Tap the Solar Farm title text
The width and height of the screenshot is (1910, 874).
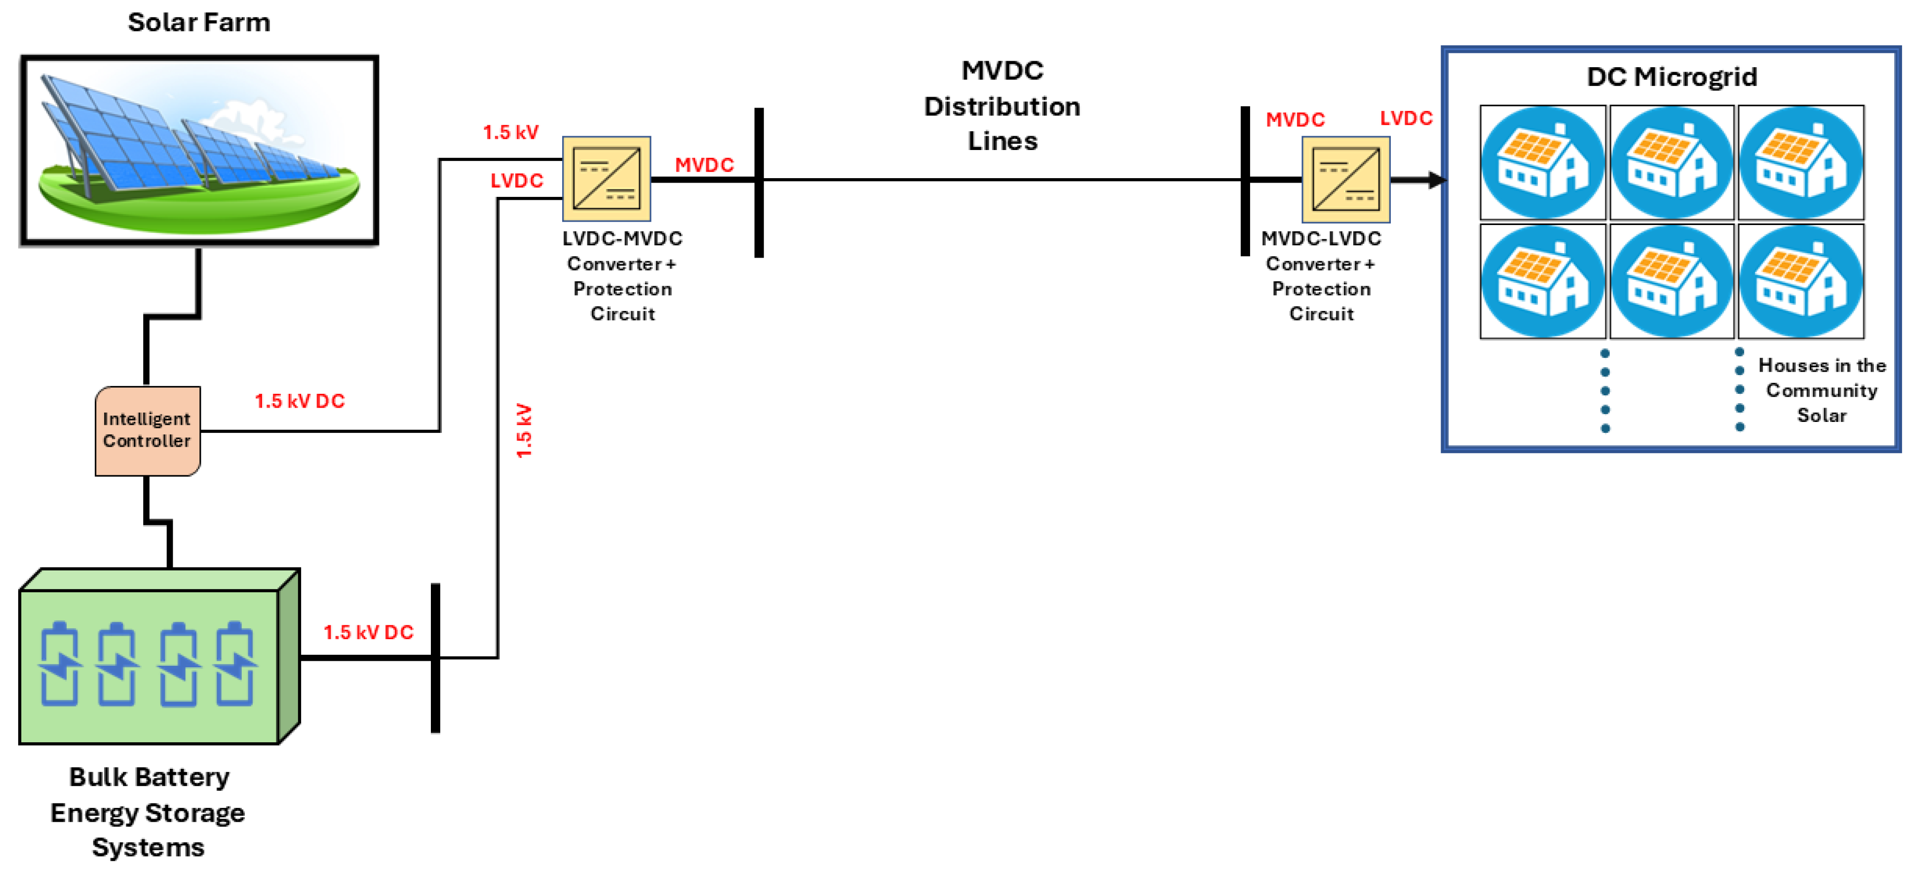tap(199, 22)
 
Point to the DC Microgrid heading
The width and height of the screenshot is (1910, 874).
tap(1671, 76)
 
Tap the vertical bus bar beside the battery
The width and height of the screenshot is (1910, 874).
tap(435, 657)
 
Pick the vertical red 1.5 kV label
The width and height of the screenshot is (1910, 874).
tap(524, 430)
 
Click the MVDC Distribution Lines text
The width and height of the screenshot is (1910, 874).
tap(1002, 106)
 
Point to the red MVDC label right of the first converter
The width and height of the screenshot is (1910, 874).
tap(704, 164)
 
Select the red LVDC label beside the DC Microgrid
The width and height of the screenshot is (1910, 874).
tap(1406, 118)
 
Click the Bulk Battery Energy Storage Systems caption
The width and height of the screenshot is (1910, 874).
tap(148, 812)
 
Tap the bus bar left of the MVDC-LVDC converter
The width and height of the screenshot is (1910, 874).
tap(1245, 181)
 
